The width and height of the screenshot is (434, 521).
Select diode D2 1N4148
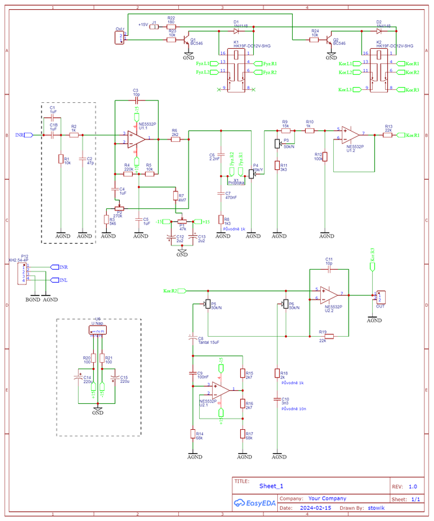point(379,30)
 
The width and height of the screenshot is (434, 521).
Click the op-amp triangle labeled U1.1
point(137,137)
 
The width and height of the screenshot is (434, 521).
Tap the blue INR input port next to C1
point(23,135)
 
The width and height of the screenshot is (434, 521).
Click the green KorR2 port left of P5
point(174,290)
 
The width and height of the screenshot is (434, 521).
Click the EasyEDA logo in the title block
point(252,503)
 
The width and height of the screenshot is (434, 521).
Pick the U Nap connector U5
point(98,331)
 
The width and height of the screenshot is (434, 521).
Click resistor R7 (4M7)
point(174,196)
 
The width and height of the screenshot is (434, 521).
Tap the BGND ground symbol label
point(33,300)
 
